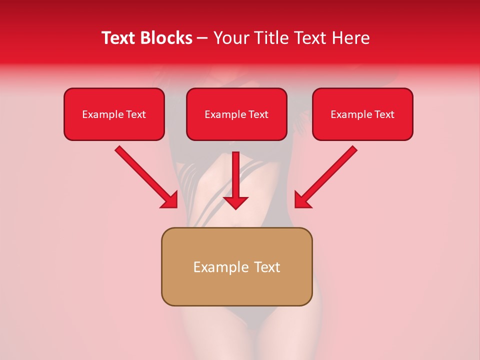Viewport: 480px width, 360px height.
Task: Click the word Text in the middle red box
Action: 258,114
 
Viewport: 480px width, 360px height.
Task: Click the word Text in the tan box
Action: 267,267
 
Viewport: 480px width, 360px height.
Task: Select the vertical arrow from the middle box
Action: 236,175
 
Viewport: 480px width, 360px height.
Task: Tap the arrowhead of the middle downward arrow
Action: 236,202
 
